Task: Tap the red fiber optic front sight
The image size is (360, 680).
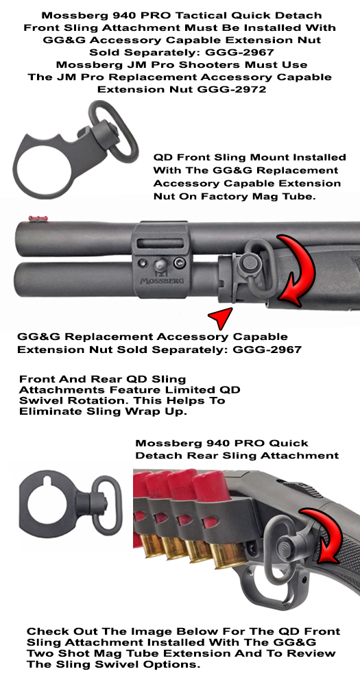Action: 36,218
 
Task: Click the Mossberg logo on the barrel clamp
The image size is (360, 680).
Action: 161,279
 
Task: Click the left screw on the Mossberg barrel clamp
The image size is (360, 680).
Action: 142,263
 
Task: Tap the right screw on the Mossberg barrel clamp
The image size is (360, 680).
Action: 178,263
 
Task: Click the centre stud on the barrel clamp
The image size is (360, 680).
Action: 160,262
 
